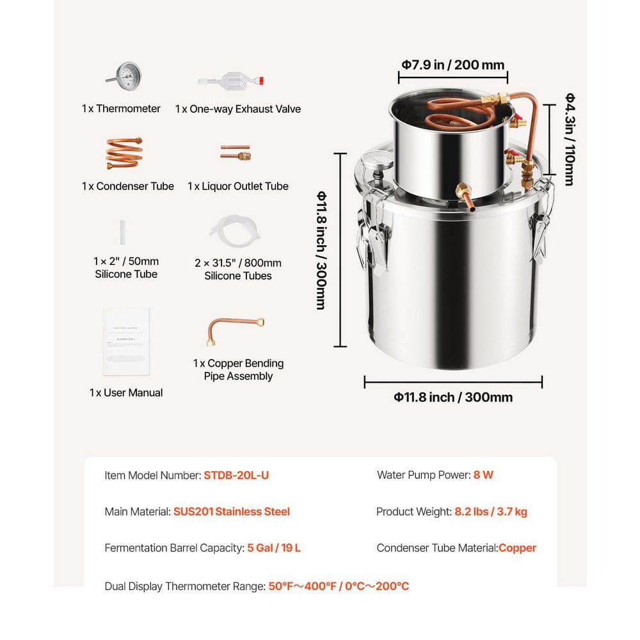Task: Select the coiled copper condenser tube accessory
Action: tap(124, 154)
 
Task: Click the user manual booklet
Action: tap(127, 342)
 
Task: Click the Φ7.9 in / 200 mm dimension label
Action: tap(453, 65)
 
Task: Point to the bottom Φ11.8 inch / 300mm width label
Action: tap(453, 397)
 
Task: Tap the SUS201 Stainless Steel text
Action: tap(232, 512)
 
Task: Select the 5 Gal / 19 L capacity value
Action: tap(274, 548)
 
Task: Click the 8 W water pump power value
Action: tap(484, 475)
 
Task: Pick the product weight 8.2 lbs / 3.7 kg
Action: tap(491, 512)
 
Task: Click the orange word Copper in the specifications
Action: tap(517, 548)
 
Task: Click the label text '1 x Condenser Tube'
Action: tap(128, 186)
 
